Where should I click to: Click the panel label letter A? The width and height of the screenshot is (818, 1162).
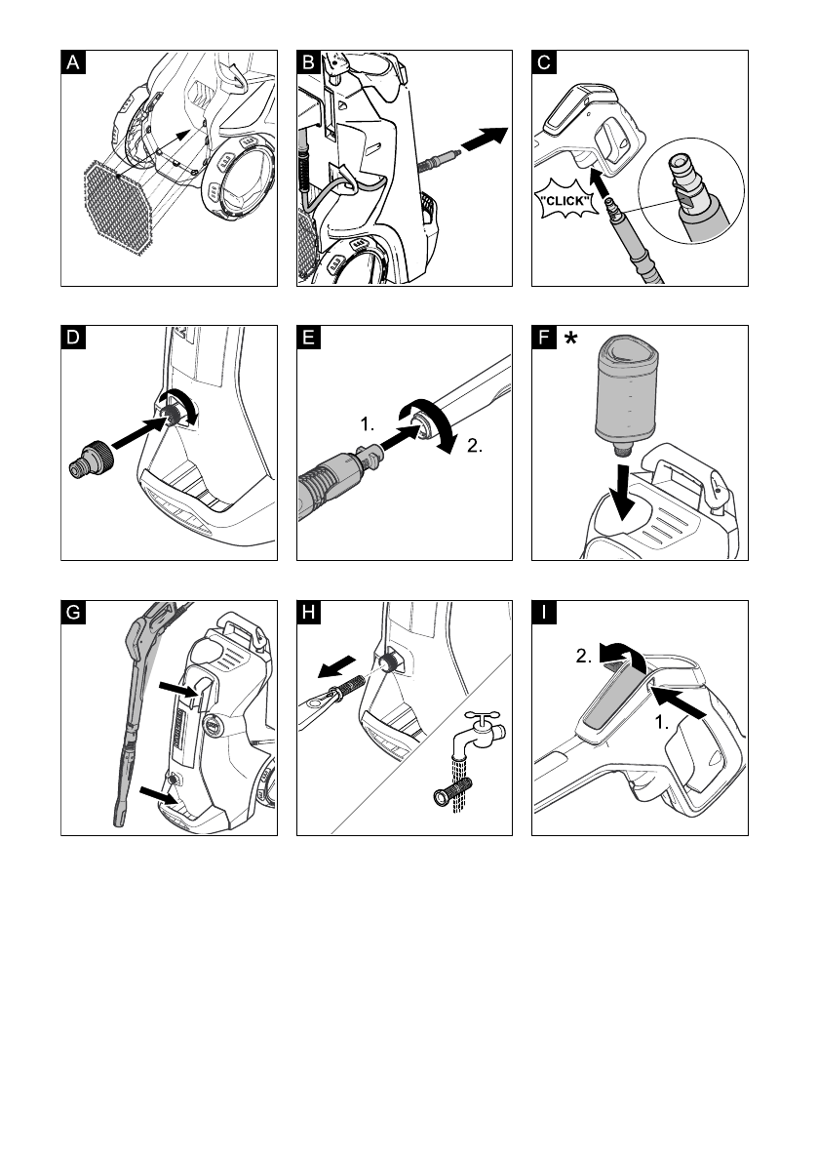(x=73, y=62)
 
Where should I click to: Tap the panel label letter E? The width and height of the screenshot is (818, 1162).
(x=309, y=338)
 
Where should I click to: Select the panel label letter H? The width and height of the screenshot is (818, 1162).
(x=309, y=612)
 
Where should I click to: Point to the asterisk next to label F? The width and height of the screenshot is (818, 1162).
(x=570, y=339)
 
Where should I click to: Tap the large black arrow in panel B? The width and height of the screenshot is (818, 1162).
(x=485, y=139)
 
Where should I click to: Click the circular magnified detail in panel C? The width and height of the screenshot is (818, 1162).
(x=691, y=191)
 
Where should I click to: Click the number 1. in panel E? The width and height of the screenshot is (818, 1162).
(x=368, y=423)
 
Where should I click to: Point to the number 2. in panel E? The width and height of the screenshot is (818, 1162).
(x=475, y=445)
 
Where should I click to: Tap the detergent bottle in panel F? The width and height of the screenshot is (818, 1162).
(x=626, y=396)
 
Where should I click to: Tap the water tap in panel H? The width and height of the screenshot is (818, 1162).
(x=483, y=732)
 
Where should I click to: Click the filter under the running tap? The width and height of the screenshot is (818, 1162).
(x=453, y=790)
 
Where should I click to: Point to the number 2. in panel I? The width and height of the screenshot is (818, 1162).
(x=584, y=656)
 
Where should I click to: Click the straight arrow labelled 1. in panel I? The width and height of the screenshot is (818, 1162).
(x=679, y=702)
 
